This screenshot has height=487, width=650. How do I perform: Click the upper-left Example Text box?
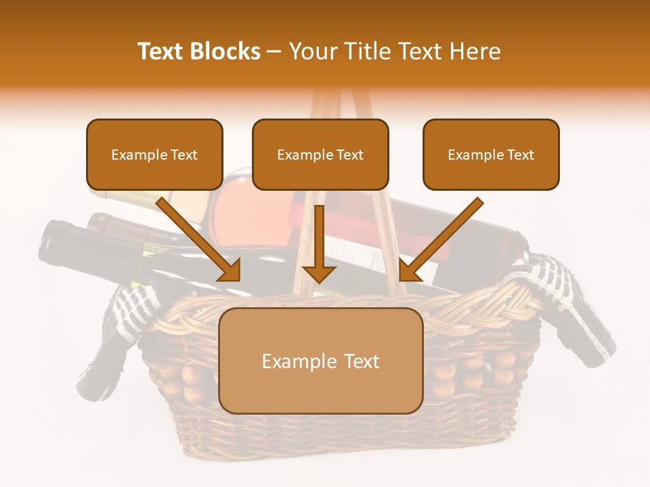point(154,155)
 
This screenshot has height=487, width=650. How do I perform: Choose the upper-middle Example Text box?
point(320,155)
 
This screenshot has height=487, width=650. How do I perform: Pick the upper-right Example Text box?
point(491,155)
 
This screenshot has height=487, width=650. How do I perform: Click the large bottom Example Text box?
point(320,361)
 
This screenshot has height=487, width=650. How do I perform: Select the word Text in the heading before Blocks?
point(160,51)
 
